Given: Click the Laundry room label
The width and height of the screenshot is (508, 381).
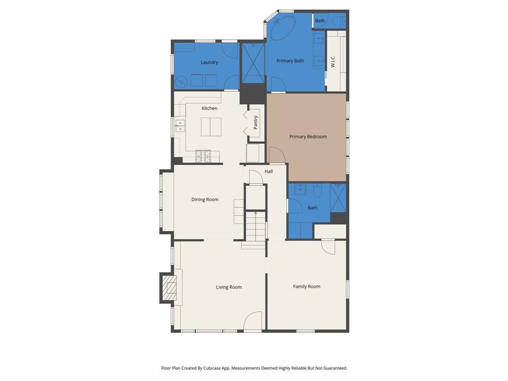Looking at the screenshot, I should click(209, 63).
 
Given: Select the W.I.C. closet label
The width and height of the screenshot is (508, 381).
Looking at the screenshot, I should click(333, 61).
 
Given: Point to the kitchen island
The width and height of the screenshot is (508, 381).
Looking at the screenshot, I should click(211, 127).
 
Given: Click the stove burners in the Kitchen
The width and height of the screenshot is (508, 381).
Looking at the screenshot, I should click(203, 156).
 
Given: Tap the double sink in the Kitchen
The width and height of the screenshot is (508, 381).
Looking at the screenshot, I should click(180, 126).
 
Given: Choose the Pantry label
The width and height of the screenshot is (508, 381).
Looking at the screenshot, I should click(256, 123).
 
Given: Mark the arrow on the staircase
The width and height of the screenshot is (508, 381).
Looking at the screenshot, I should click(255, 214).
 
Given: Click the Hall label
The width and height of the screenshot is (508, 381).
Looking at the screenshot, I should click(268, 172).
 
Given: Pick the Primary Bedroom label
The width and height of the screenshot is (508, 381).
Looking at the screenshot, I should click(308, 136).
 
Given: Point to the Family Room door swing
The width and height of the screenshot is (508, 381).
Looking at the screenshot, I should click(328, 247).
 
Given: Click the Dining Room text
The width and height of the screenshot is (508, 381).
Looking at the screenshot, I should click(205, 199).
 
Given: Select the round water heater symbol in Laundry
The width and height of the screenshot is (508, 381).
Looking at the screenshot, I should click(182, 80).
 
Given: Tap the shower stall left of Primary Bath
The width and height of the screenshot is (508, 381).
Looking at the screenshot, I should click(253, 63).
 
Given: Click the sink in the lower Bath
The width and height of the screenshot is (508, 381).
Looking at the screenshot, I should click(300, 190).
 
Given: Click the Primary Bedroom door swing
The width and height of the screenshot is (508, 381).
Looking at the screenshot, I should click(277, 155).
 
